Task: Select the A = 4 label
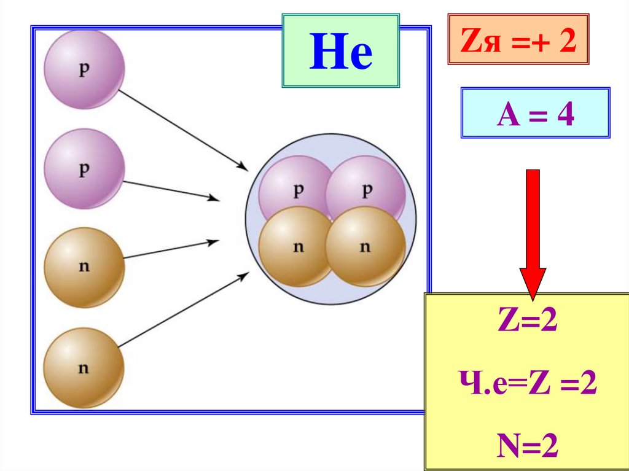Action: tap(535, 114)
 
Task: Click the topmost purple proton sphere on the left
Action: tap(84, 69)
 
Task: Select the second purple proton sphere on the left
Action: tap(84, 169)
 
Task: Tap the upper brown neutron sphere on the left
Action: tap(84, 268)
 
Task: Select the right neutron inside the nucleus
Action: tap(365, 247)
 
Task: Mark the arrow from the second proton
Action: tap(171, 190)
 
